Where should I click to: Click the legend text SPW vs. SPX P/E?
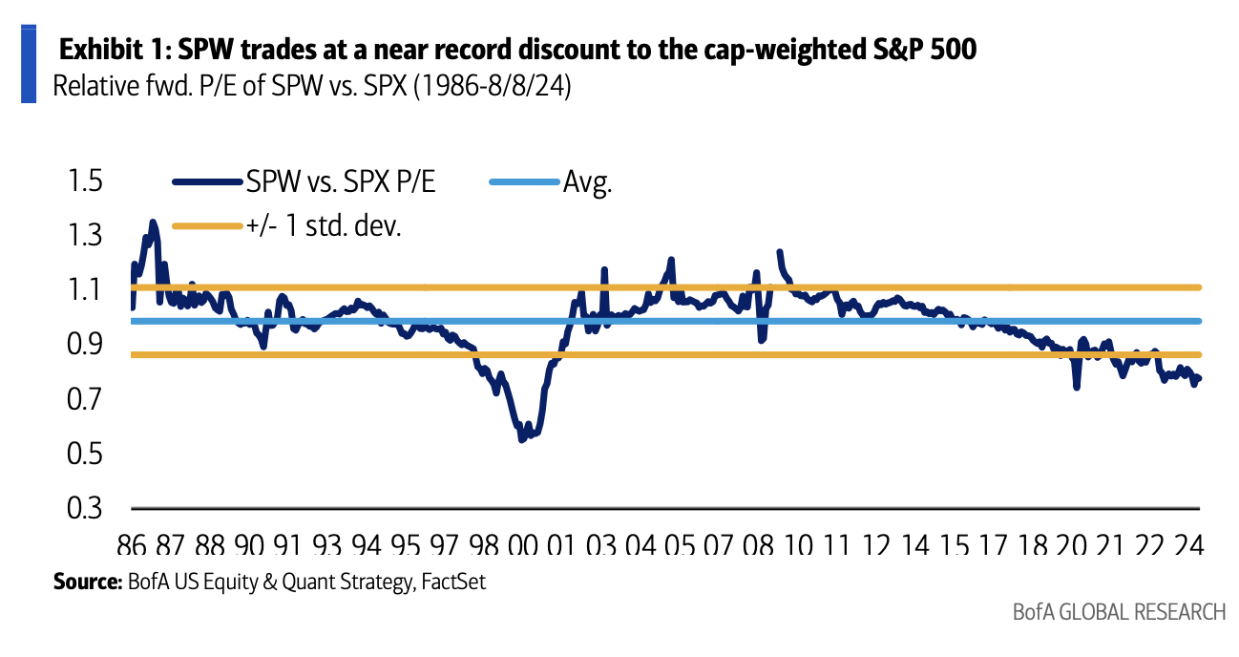pyautogui.click(x=342, y=181)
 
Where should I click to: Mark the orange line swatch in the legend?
pyautogui.click(x=206, y=226)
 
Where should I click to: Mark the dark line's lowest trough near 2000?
pyautogui.click(x=522, y=439)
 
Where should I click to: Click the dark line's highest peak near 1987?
pyautogui.click(x=152, y=223)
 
